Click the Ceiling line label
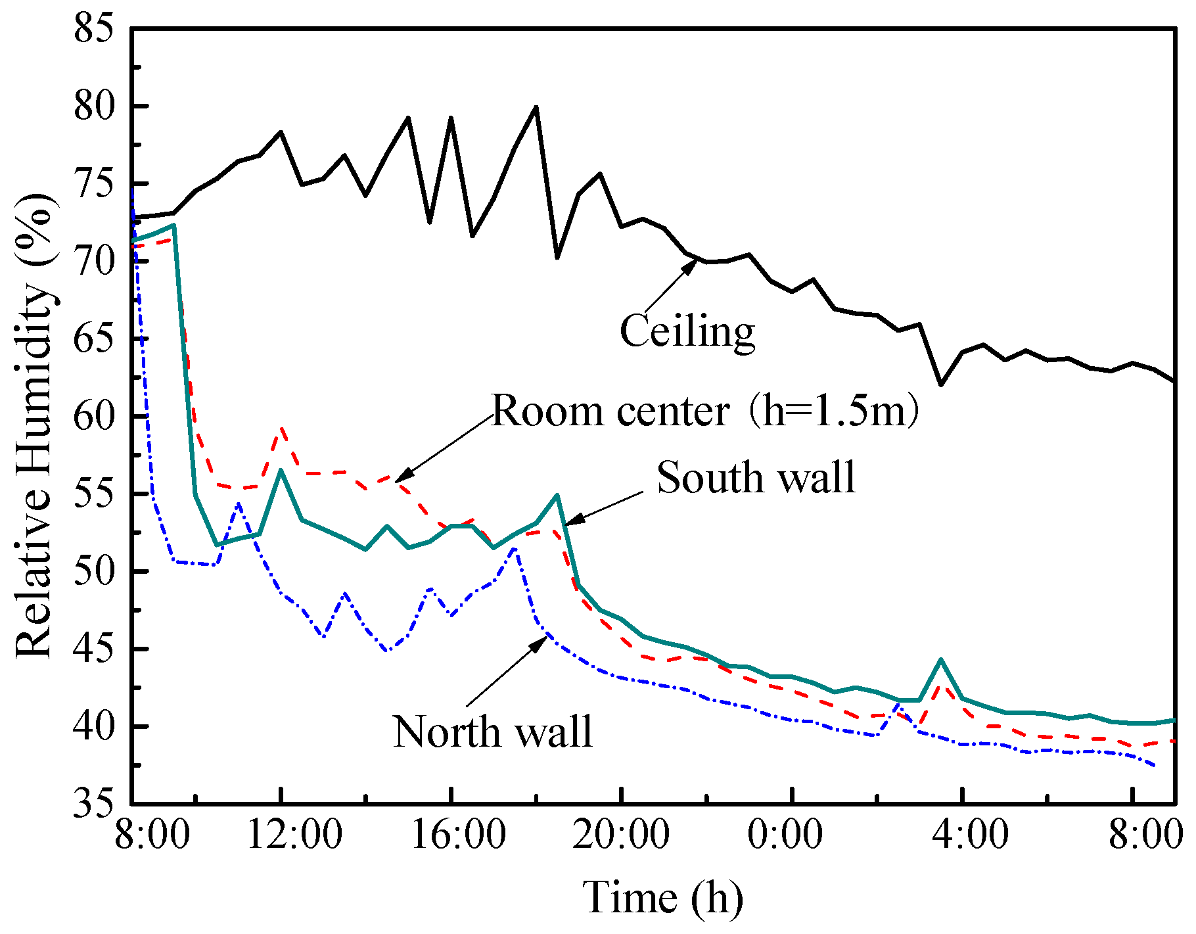pos(687,331)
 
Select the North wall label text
pos(492,731)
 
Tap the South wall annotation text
pos(756,477)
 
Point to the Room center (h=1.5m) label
pos(704,411)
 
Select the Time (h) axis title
pos(662,898)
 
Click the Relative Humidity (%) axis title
pos(34,426)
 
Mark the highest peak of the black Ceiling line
pos(536,107)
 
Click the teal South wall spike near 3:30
pos(941,659)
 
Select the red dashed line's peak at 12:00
pos(281,428)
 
